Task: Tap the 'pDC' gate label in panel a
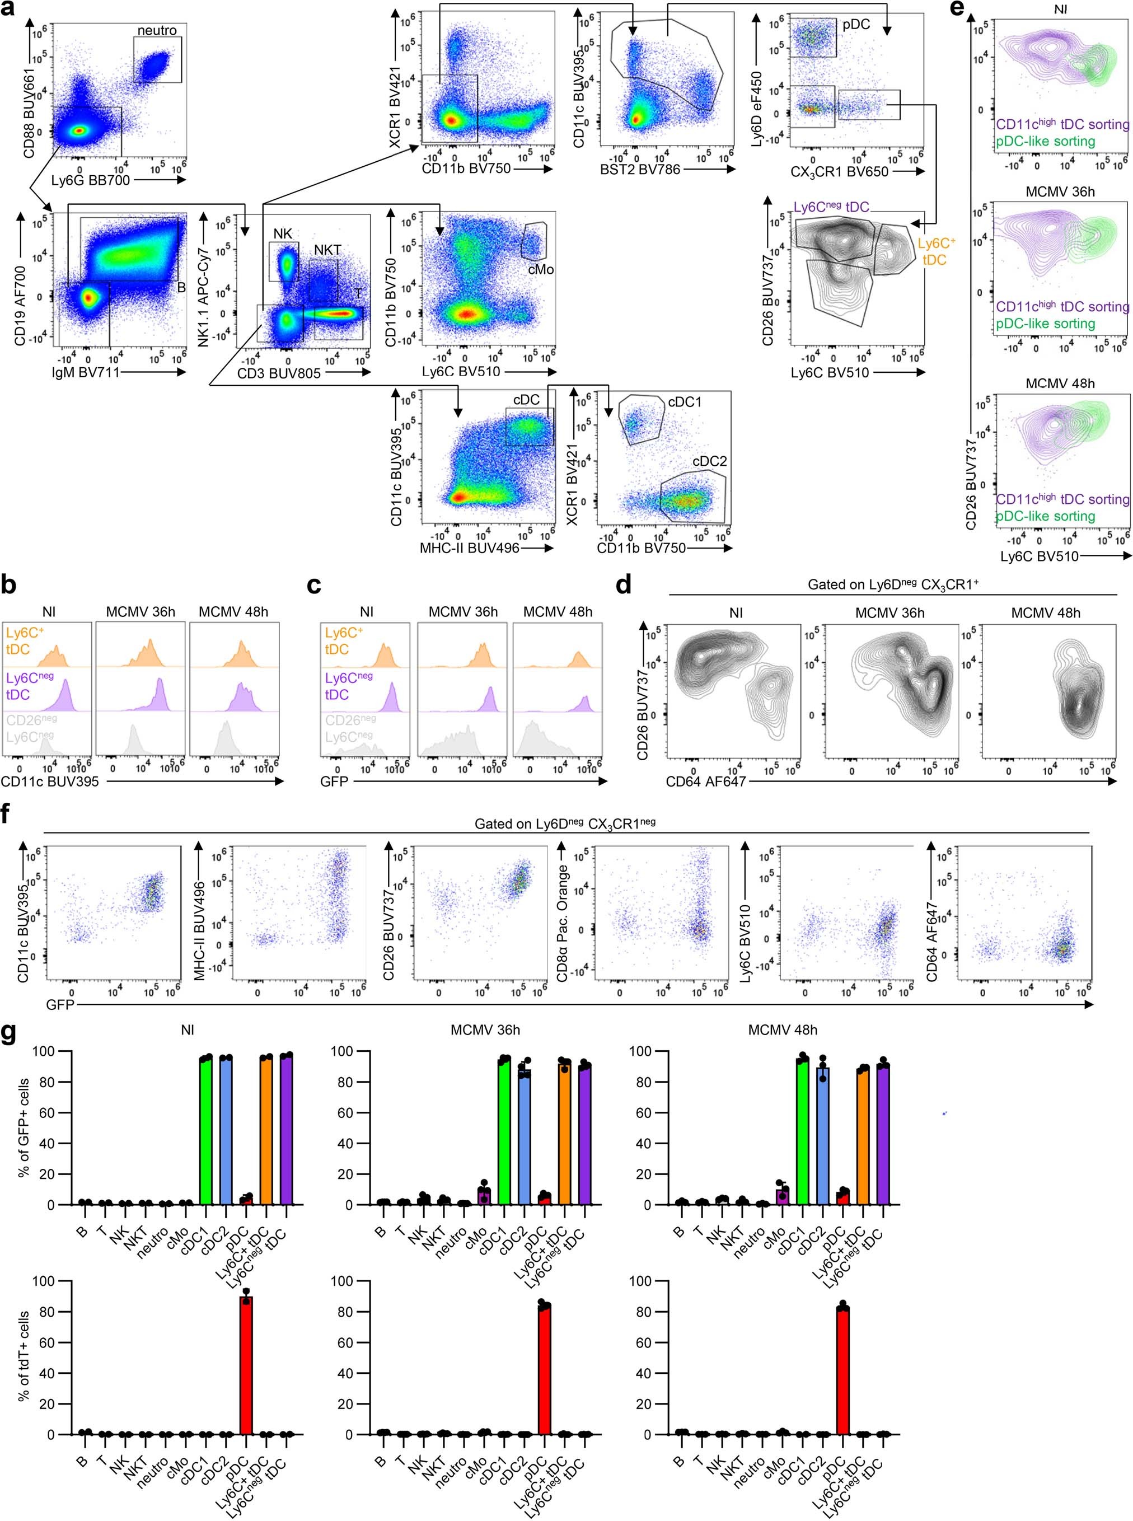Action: (856, 25)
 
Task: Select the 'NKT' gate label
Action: (327, 250)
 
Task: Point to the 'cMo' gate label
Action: (540, 269)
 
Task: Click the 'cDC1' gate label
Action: (685, 403)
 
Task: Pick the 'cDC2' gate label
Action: (709, 461)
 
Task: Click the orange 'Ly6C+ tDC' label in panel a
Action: (936, 252)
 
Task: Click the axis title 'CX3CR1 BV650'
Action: (840, 171)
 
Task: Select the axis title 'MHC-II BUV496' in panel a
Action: (469, 548)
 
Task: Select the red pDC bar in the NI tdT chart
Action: (246, 1365)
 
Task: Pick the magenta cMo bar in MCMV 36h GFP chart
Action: (485, 1196)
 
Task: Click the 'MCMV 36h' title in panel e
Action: (1060, 192)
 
